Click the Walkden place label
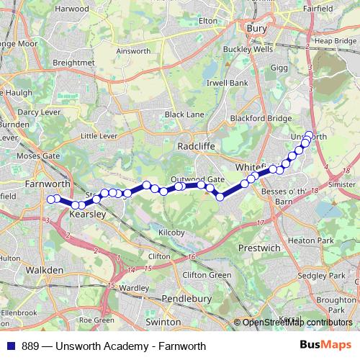tap(45, 270)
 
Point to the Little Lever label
tap(99, 135)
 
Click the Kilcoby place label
tap(173, 233)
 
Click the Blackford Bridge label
tap(261, 118)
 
